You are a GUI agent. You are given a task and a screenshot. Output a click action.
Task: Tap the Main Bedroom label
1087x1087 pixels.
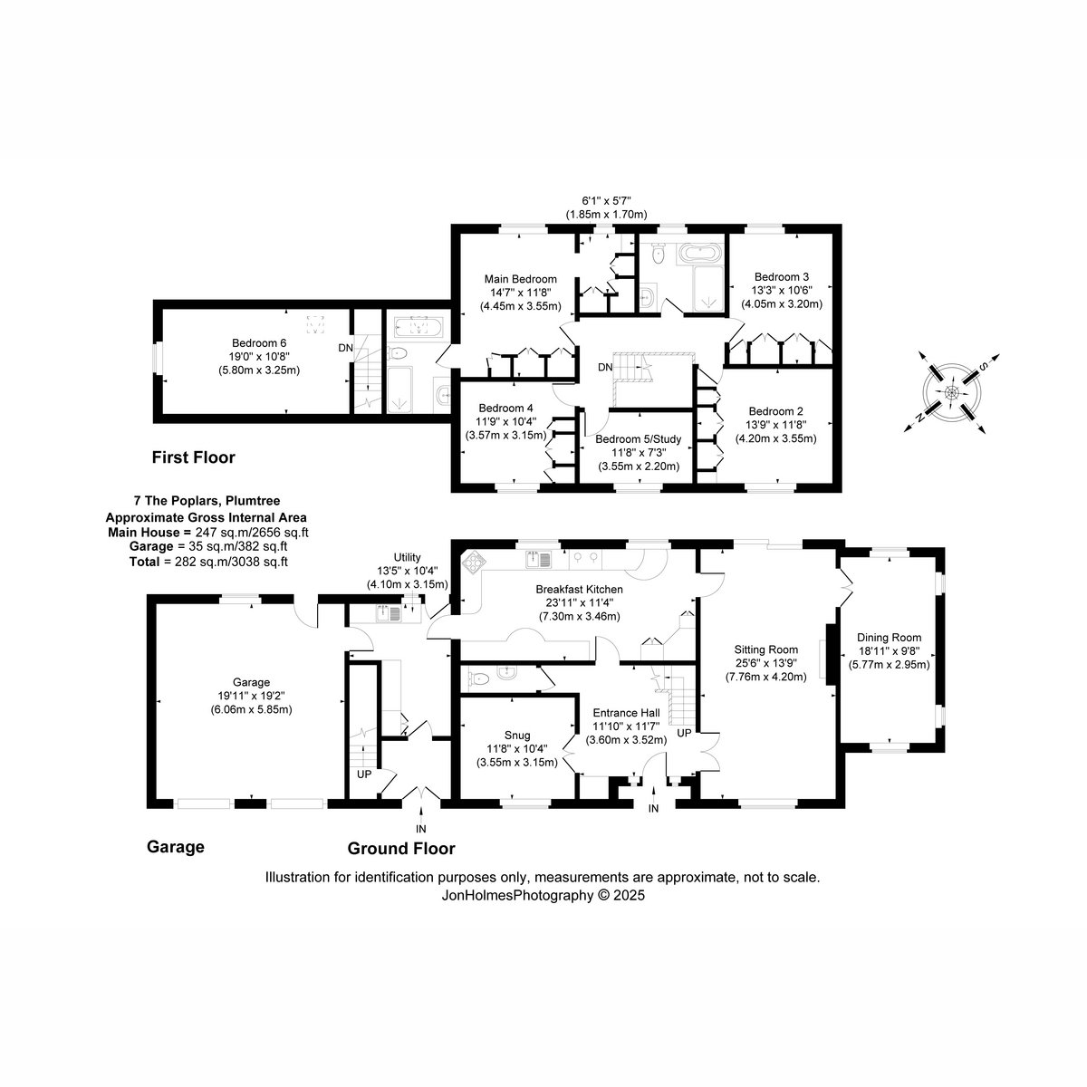(x=521, y=279)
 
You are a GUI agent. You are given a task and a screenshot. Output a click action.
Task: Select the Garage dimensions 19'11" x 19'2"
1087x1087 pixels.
(x=252, y=696)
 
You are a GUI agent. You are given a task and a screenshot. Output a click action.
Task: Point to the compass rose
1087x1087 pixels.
(x=952, y=392)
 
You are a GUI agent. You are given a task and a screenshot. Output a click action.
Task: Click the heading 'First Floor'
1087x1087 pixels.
(x=194, y=457)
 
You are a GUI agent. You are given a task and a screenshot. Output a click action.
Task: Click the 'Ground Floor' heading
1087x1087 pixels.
(x=401, y=849)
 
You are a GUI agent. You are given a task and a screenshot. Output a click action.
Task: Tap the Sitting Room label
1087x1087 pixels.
(x=766, y=649)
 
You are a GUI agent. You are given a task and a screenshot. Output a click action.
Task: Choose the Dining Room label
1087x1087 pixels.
(x=889, y=638)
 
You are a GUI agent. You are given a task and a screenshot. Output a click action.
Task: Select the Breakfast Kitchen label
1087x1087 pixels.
(x=580, y=589)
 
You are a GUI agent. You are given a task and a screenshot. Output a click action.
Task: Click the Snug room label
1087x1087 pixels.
(x=517, y=735)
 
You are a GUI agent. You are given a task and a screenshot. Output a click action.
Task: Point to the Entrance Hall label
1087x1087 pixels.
(x=627, y=713)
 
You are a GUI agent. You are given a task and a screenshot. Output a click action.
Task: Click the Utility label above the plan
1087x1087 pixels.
(x=408, y=557)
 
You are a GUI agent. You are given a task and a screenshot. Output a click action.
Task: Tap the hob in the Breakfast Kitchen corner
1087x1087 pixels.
(x=472, y=561)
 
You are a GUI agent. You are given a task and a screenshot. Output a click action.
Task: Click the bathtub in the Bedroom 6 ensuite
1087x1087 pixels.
(x=418, y=326)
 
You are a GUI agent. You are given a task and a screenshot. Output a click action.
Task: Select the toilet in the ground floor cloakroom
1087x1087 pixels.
(x=479, y=678)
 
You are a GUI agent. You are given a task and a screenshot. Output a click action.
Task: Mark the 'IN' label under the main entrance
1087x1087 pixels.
(x=653, y=808)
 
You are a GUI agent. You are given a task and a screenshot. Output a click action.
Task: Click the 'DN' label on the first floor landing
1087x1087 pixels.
(x=605, y=367)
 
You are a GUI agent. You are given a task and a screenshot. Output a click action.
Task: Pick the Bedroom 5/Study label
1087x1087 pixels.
(x=639, y=438)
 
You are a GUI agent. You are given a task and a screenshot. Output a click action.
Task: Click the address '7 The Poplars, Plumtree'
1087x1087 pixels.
(x=207, y=500)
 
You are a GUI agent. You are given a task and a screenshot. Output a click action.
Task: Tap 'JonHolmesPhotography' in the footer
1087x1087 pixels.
(x=517, y=895)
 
